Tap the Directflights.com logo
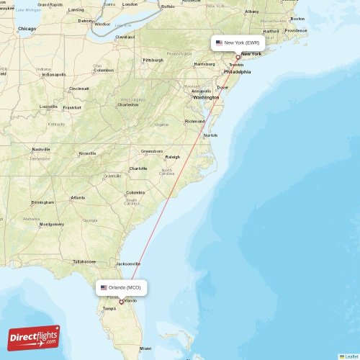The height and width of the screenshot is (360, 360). [x=34, y=338]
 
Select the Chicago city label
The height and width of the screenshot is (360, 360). [x=27, y=29]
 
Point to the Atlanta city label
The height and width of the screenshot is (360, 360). [x=77, y=197]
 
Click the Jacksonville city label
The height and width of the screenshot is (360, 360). [x=128, y=264]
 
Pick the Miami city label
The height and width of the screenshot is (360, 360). [x=146, y=348]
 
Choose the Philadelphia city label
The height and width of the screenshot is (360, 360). [x=237, y=72]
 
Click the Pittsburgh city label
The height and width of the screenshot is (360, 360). [x=153, y=60]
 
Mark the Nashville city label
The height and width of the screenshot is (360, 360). [x=41, y=149]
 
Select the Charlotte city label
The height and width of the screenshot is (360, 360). [x=138, y=168]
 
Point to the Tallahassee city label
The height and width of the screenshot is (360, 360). [x=84, y=261]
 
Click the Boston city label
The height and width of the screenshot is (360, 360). [x=297, y=19]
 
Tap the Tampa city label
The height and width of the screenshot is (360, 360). [x=109, y=308]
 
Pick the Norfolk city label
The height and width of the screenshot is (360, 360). [x=210, y=135]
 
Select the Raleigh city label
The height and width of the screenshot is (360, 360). [x=172, y=156]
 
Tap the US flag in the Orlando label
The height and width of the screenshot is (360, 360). [x=104, y=287]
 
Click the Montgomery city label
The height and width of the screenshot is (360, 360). [x=51, y=224]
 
